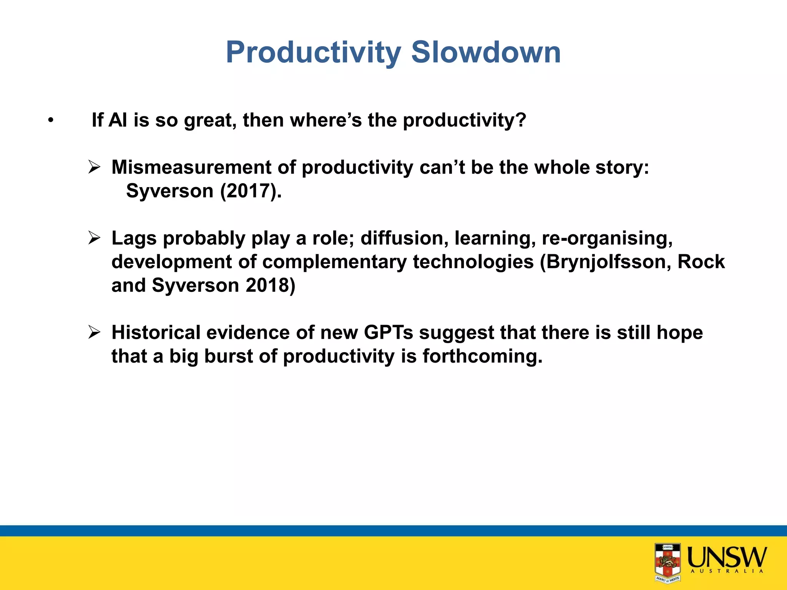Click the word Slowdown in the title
point(486,52)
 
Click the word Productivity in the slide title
point(313,53)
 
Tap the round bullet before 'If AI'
point(50,121)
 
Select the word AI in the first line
point(118,120)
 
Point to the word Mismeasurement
point(191,167)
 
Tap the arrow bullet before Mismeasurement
point(94,167)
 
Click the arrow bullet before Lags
point(94,238)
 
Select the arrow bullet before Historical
point(94,332)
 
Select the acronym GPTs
point(388,333)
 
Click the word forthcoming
point(482,356)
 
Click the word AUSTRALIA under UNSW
point(727,572)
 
